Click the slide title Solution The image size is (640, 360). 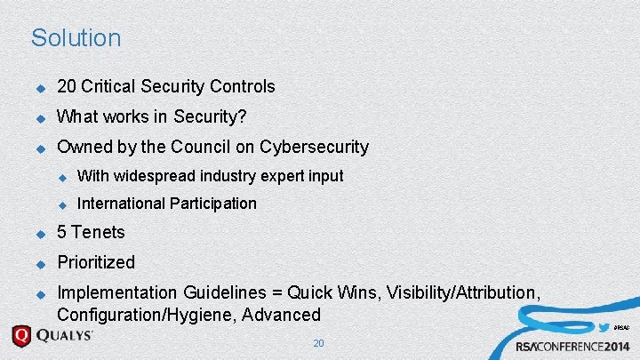tap(76, 38)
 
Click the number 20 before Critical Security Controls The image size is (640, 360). tap(67, 86)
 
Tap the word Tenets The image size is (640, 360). tap(98, 233)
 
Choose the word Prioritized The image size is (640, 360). tap(96, 262)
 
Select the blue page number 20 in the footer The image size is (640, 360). tap(319, 343)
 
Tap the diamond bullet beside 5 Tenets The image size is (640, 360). tap(40, 234)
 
